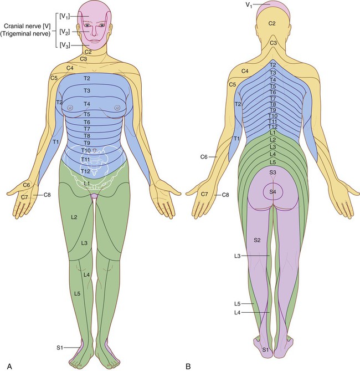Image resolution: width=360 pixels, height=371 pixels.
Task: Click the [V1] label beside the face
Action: (65, 16)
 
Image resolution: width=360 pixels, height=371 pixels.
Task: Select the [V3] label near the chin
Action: (65, 45)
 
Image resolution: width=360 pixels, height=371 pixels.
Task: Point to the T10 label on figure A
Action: (86, 150)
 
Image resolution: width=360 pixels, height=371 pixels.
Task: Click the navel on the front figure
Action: (95, 150)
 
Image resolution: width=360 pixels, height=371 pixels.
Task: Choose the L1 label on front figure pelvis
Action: (87, 183)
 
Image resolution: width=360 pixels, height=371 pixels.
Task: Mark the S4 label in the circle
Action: (273, 192)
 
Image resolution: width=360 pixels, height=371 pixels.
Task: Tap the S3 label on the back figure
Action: (273, 172)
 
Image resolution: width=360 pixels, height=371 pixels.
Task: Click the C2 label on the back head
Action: (272, 23)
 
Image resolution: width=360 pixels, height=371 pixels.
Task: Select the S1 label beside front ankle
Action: (60, 348)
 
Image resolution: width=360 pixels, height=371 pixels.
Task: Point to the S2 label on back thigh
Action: (257, 240)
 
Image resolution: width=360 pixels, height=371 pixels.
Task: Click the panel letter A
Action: (9, 366)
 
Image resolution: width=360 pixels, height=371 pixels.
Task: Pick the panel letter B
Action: (188, 366)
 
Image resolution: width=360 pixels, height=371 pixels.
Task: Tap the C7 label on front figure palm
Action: (24, 197)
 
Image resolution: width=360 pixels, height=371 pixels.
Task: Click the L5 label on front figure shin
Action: (78, 293)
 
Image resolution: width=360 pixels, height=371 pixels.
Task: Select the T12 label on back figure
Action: (273, 127)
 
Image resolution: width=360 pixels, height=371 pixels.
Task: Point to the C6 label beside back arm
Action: (204, 156)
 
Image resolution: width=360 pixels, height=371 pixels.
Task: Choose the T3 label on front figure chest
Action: (87, 90)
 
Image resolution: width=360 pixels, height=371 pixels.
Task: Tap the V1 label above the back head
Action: (249, 5)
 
